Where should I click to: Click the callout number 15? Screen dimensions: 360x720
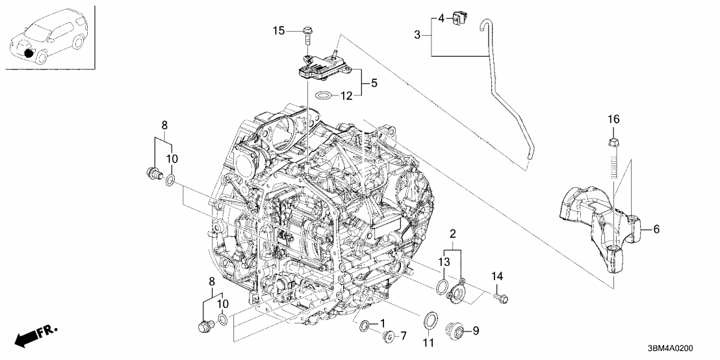point(279,31)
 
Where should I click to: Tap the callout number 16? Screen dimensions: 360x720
point(614,119)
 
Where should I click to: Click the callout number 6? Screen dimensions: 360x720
point(656,229)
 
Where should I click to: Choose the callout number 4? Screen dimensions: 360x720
point(441,18)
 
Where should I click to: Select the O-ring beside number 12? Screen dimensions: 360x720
point(323,96)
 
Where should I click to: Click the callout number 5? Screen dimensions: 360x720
point(374,83)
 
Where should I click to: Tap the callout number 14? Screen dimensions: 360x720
point(497,278)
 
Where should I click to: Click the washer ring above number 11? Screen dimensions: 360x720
point(430,320)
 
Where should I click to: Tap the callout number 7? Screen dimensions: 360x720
point(402,335)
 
